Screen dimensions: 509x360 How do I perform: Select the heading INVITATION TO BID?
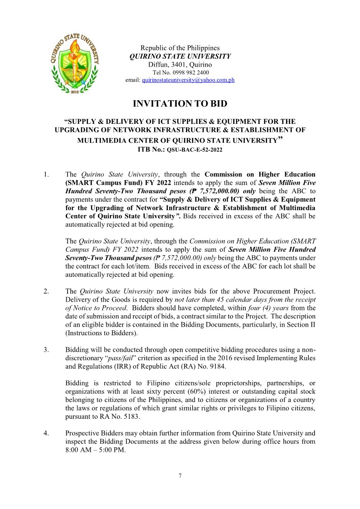pyautogui.click(x=180, y=104)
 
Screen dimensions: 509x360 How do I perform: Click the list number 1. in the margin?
pyautogui.click(x=47, y=174)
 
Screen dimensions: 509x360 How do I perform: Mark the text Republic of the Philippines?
pyautogui.click(x=180, y=48)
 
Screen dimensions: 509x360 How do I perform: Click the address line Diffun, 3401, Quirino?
pyautogui.click(x=180, y=64)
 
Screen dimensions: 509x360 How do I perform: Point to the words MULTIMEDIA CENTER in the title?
pyautogui.click(x=118, y=140)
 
